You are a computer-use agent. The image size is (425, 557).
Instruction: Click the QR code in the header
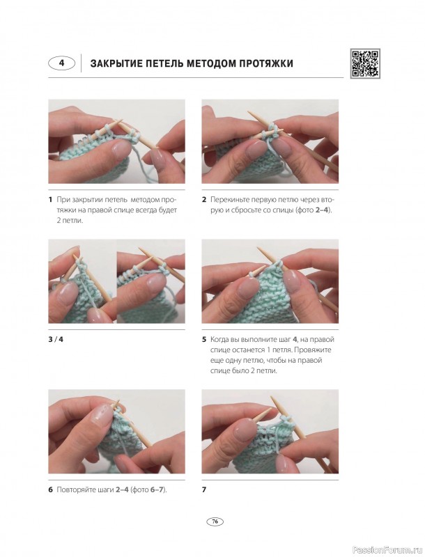pos(365,63)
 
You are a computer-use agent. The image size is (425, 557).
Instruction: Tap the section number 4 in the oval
pos(62,63)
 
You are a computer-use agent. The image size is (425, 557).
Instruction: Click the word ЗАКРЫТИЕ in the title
pos(114,63)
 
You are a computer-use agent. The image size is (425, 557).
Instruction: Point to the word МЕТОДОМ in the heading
pos(210,63)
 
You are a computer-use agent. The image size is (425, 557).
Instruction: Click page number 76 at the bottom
pos(215,521)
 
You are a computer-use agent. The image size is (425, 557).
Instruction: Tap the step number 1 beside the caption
pos(50,199)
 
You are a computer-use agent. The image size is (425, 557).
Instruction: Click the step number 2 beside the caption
pos(204,199)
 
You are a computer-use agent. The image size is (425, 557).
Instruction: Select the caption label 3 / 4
pos(56,339)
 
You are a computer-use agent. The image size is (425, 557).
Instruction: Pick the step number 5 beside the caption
pos(204,339)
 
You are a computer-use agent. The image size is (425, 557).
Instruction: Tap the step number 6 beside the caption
pos(50,489)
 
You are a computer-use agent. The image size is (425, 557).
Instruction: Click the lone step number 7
pos(204,489)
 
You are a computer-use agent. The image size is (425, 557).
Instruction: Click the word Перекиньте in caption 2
pos(227,199)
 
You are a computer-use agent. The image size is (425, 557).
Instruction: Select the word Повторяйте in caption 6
pos(75,489)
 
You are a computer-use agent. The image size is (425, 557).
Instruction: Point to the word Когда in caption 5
pos(219,339)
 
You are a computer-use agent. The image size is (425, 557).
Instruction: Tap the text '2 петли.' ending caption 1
pos(70,221)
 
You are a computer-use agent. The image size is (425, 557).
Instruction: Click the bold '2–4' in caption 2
pos(322,210)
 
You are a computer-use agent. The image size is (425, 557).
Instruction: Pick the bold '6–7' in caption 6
pos(157,489)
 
